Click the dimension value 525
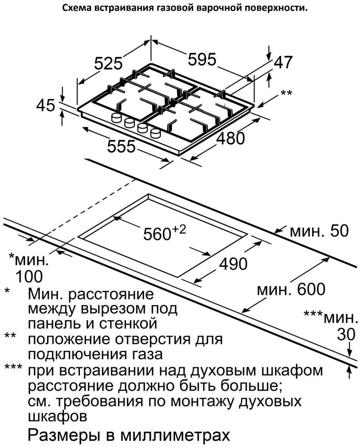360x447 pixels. click(x=108, y=63)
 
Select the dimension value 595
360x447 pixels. click(x=202, y=60)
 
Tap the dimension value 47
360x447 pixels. click(x=282, y=62)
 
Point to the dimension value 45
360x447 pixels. click(x=45, y=106)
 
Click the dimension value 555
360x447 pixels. click(x=121, y=146)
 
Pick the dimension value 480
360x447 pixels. click(x=231, y=138)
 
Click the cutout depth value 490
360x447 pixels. click(x=233, y=264)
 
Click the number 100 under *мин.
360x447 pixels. click(x=29, y=277)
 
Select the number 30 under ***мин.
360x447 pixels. click(x=345, y=334)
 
